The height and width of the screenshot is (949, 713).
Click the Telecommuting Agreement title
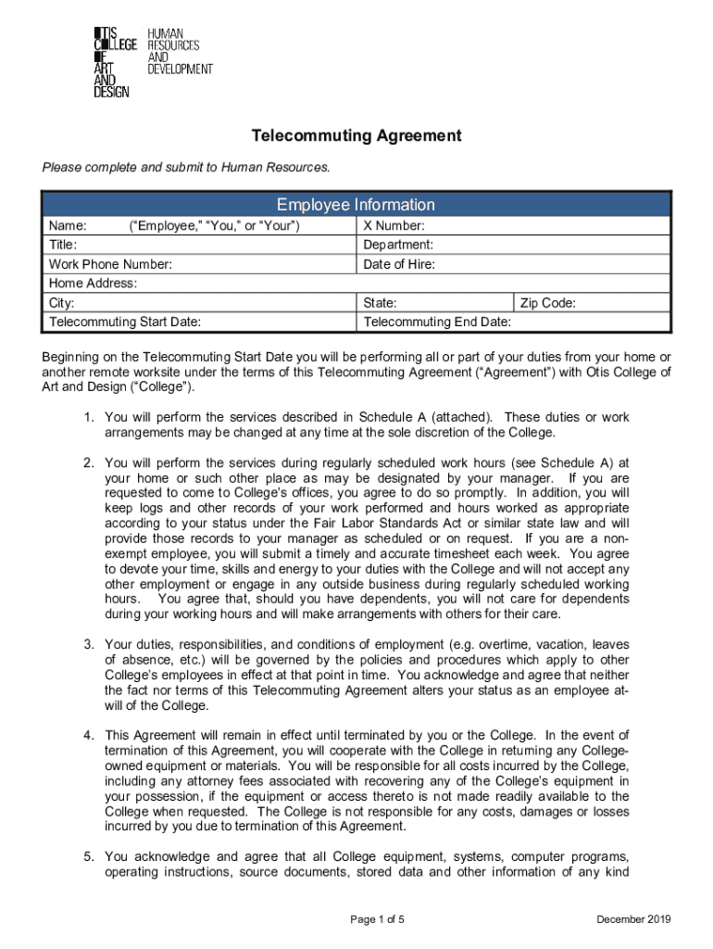point(356,136)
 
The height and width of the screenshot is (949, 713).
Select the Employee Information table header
point(356,205)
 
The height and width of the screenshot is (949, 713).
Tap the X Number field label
point(394,226)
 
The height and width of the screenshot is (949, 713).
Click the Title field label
point(63,246)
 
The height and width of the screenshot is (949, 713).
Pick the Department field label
point(398,246)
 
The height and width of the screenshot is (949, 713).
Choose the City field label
point(61,303)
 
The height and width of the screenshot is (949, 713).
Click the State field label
point(381,303)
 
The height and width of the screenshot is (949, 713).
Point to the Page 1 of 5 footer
point(378,919)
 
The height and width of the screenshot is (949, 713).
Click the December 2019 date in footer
point(633,919)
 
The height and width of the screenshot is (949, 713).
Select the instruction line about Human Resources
point(185,168)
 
